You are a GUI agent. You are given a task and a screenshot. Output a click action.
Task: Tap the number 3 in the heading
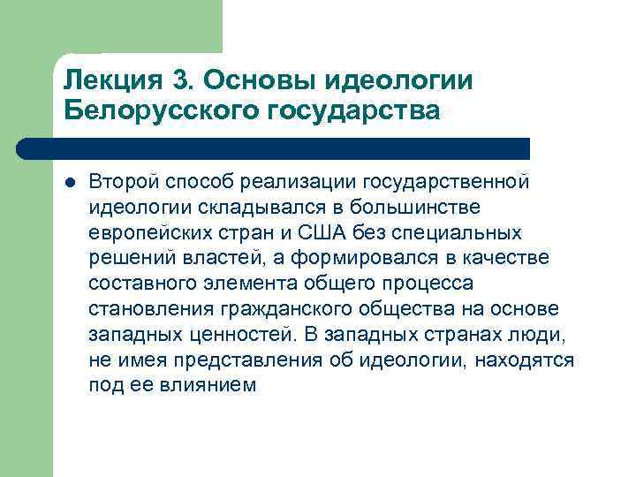(x=183, y=80)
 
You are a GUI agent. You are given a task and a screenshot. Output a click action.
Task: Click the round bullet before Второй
(x=70, y=181)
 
